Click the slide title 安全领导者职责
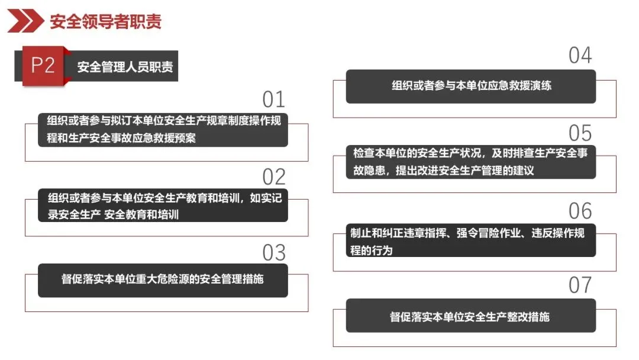(x=105, y=22)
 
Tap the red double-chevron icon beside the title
(x=25, y=22)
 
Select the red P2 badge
(x=42, y=66)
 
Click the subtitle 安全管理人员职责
(x=125, y=67)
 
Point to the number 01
(x=274, y=99)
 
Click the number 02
(x=274, y=176)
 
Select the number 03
(x=274, y=253)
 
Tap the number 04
(x=580, y=56)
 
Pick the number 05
(x=580, y=133)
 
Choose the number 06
(x=580, y=211)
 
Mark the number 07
(x=580, y=285)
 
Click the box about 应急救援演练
(x=471, y=86)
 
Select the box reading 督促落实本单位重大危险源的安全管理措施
(x=163, y=279)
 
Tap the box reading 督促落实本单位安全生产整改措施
(x=471, y=316)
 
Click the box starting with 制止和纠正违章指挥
(x=471, y=241)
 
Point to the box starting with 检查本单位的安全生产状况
(x=471, y=162)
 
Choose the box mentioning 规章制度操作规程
(x=163, y=130)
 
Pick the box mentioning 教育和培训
(x=163, y=205)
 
